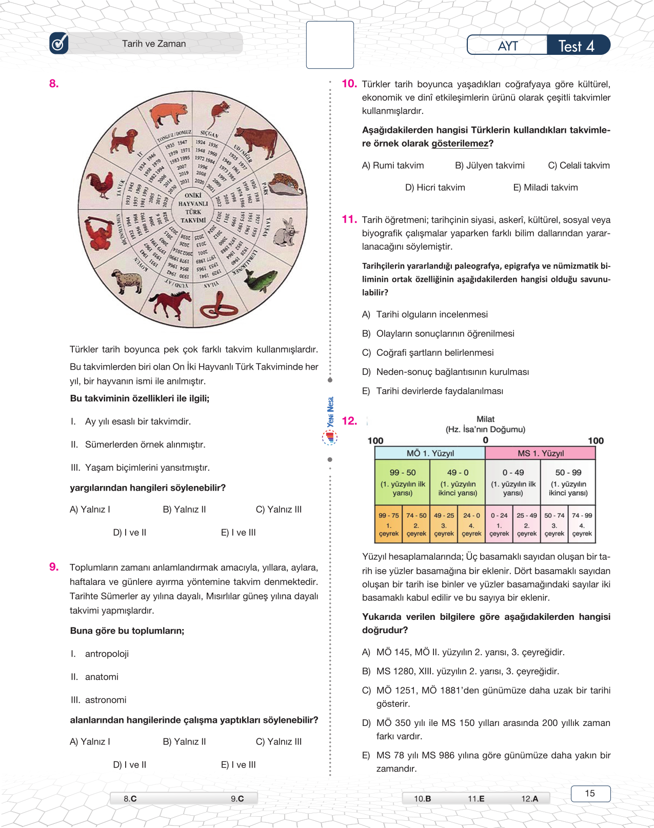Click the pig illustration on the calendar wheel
pyautogui.click(x=170, y=114)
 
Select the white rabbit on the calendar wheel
pyautogui.click(x=286, y=232)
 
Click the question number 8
pyautogui.click(x=54, y=84)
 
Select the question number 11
pyautogui.click(x=349, y=219)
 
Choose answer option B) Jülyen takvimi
pyautogui.click(x=490, y=166)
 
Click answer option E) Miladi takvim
pyautogui.click(x=545, y=188)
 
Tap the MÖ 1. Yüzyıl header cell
pyautogui.click(x=430, y=453)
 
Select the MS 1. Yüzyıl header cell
pyautogui.click(x=540, y=453)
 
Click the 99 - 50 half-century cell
pyautogui.click(x=403, y=482)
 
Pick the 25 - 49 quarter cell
pyautogui.click(x=527, y=524)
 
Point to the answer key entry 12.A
pyautogui.click(x=529, y=799)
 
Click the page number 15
pyautogui.click(x=590, y=794)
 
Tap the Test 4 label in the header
pyautogui.click(x=577, y=46)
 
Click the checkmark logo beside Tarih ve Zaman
pyautogui.click(x=59, y=44)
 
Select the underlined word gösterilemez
pyautogui.click(x=460, y=144)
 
